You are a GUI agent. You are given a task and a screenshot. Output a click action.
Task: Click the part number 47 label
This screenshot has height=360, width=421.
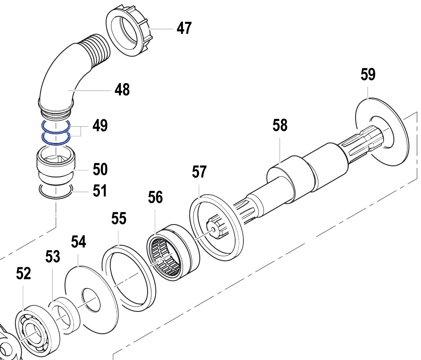(184, 28)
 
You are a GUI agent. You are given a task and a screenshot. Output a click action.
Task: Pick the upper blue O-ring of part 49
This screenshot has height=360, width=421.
(55, 125)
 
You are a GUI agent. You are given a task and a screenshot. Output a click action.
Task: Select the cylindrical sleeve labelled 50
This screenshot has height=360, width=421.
(55, 167)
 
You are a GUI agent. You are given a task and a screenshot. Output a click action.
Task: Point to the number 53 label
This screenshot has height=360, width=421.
(53, 257)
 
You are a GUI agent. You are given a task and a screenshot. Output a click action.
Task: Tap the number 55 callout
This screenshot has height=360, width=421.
(119, 219)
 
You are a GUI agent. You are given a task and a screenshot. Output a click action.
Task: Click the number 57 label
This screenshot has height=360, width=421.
(199, 172)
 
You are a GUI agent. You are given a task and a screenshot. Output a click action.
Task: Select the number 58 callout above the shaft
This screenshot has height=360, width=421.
(280, 125)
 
